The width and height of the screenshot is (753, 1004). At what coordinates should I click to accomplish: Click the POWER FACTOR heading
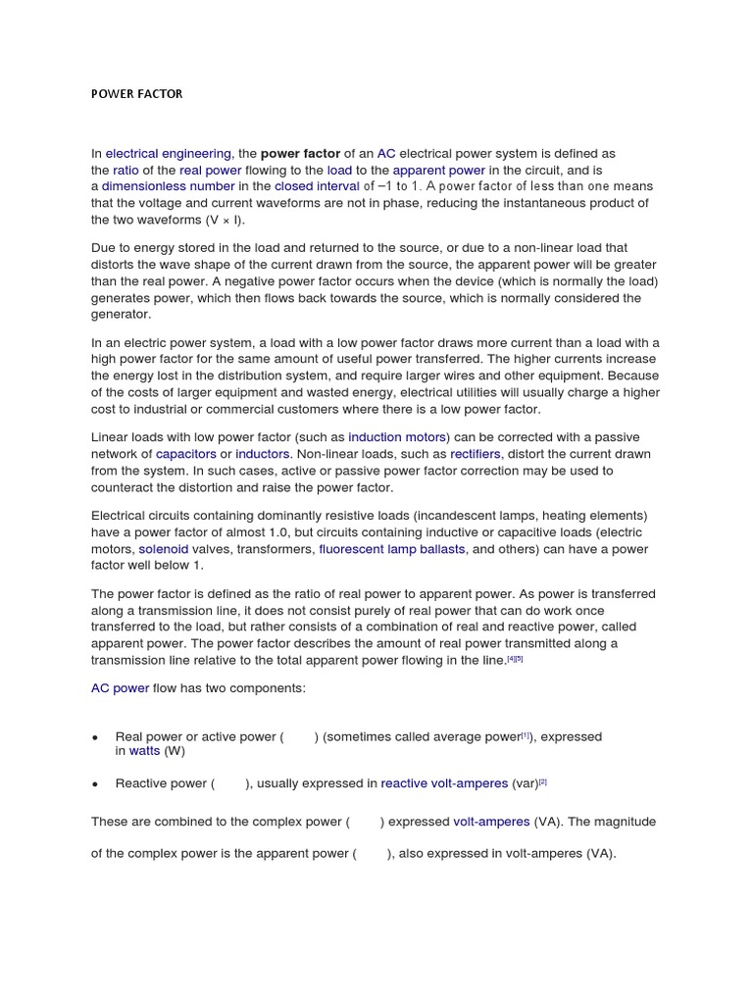pyautogui.click(x=136, y=94)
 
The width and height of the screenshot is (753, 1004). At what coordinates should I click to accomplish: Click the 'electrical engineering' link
pyautogui.click(x=168, y=154)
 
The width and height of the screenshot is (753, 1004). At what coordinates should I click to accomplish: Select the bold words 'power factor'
pyautogui.click(x=300, y=154)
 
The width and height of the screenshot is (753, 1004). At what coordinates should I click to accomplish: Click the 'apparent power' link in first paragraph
pyautogui.click(x=438, y=170)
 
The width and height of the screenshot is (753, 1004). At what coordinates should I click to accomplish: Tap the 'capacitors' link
pyautogui.click(x=185, y=454)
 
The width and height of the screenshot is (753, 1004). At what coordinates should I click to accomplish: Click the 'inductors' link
pyautogui.click(x=263, y=454)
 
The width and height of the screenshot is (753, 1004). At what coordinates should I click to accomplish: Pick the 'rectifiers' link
pyautogui.click(x=475, y=454)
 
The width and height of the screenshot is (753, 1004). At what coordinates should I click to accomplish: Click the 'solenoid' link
pyautogui.click(x=163, y=549)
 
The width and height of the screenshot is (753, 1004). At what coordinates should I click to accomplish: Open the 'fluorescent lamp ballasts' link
pyautogui.click(x=392, y=549)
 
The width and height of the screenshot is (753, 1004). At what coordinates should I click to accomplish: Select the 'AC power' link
pyautogui.click(x=120, y=688)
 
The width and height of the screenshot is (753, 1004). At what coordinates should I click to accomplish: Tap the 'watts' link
pyautogui.click(x=144, y=751)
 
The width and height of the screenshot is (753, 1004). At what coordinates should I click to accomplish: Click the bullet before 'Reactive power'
pyautogui.click(x=95, y=784)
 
